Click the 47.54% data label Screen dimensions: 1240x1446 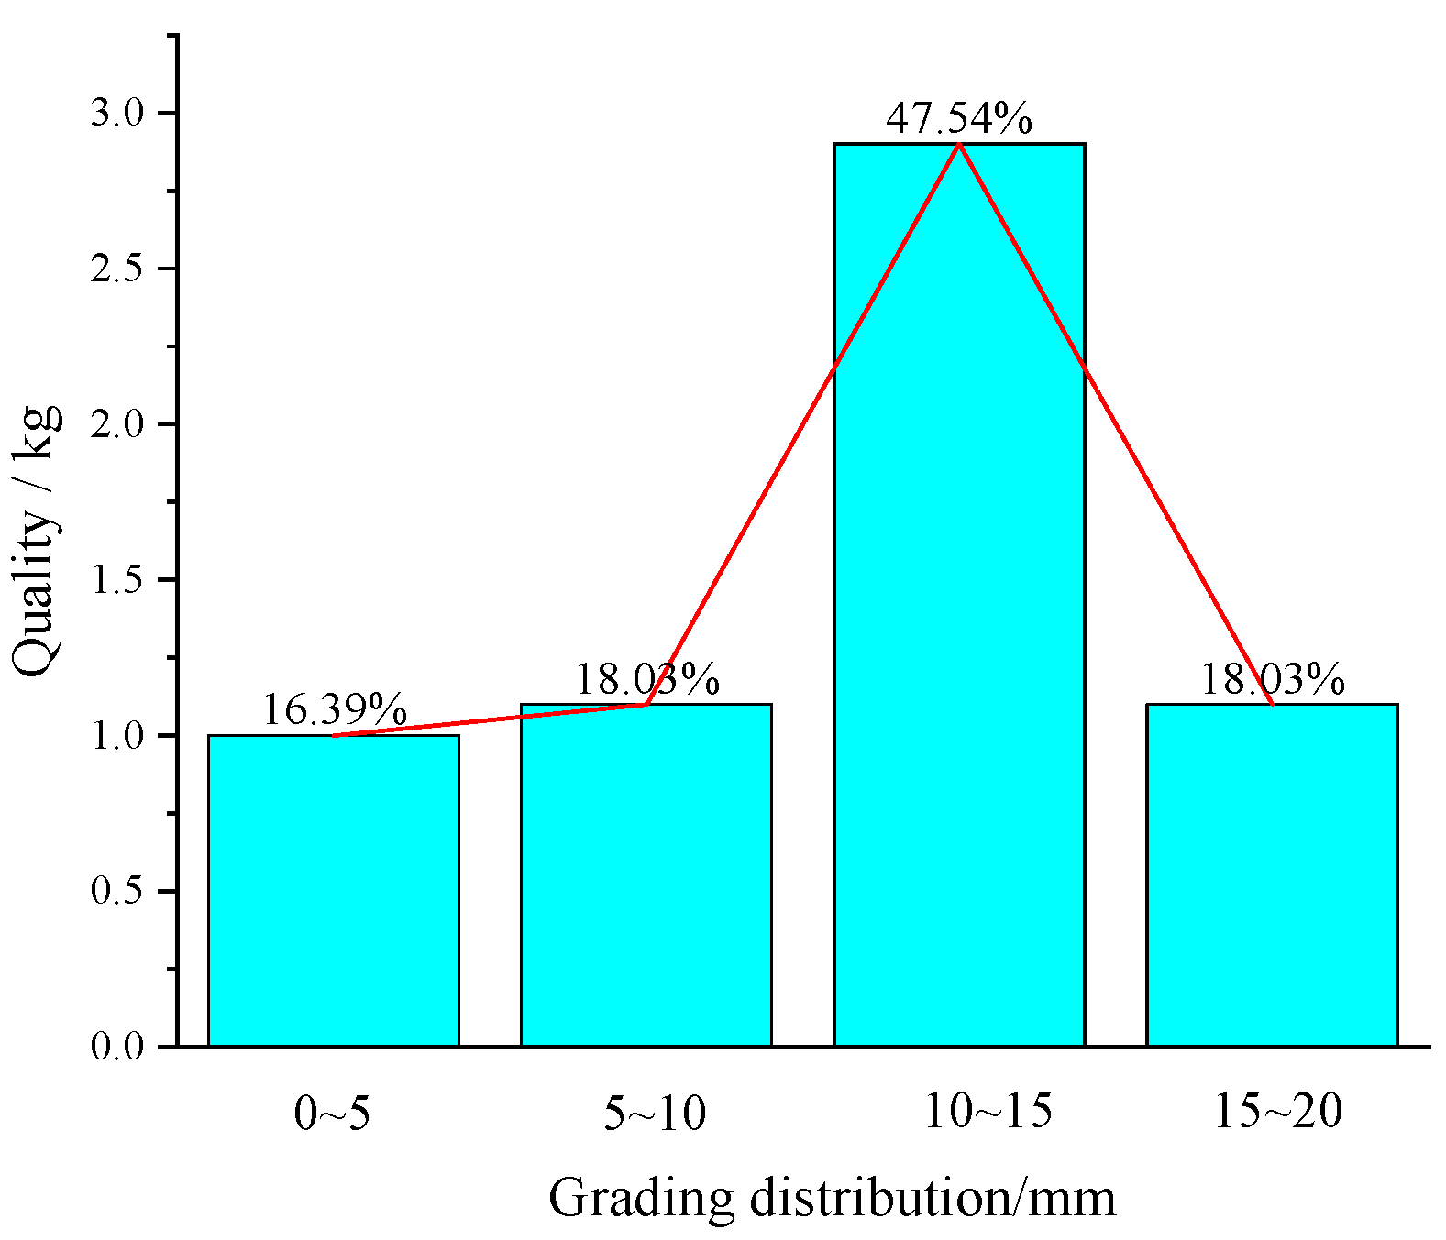[x=959, y=119]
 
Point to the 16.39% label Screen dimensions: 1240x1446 [x=335, y=709]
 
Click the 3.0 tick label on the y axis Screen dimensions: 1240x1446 [x=118, y=114]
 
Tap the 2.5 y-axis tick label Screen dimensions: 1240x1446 [x=118, y=269]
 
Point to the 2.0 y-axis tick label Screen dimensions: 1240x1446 [x=118, y=425]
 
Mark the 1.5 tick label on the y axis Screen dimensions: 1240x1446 [x=118, y=581]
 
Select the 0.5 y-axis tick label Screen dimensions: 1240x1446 [x=118, y=892]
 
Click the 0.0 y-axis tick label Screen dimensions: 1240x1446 [x=118, y=1048]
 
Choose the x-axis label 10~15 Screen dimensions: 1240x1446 [x=988, y=1113]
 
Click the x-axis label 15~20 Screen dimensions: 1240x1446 [x=1278, y=1113]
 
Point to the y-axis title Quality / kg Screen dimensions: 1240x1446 [x=37, y=541]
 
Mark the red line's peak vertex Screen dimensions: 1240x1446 [x=959, y=145]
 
